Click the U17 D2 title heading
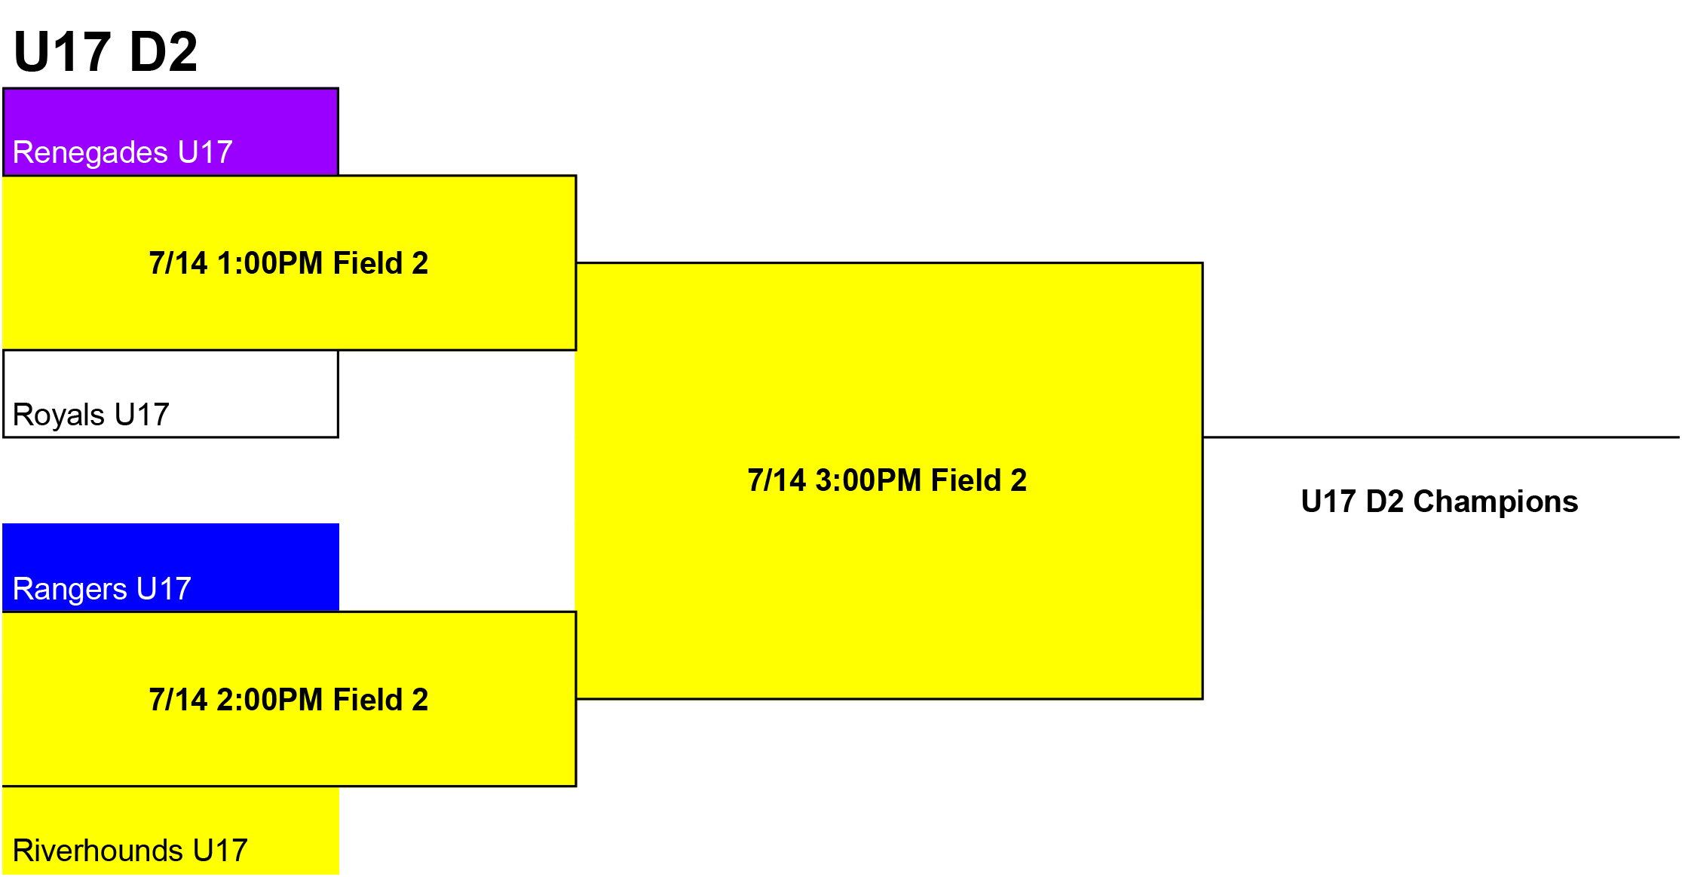point(106,52)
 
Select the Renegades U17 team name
point(123,152)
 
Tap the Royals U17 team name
point(91,415)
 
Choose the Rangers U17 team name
point(102,589)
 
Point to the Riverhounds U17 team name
point(130,851)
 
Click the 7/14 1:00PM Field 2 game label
point(289,263)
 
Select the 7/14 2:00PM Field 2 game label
point(289,700)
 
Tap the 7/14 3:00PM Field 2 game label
point(887,480)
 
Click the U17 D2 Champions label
point(1439,501)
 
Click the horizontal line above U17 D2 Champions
point(1441,437)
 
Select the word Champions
point(1496,502)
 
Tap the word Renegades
point(90,153)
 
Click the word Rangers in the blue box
point(70,590)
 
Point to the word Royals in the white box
point(59,416)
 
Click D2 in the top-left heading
point(164,52)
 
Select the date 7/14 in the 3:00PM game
point(777,480)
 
